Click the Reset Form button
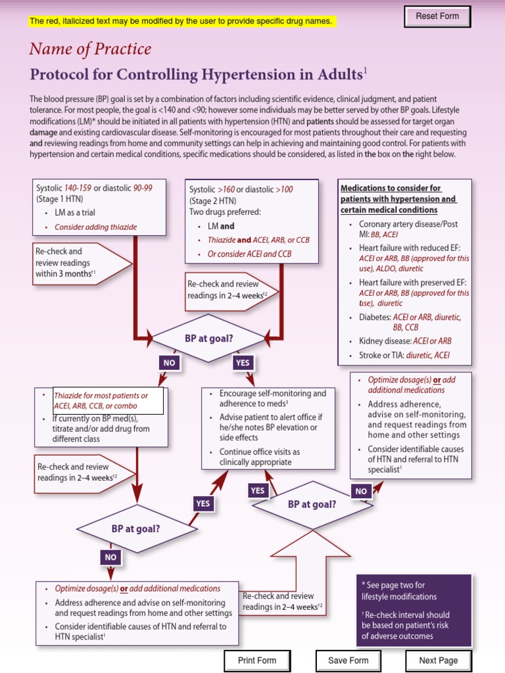(x=437, y=16)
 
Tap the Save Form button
(x=349, y=661)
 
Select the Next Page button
(x=439, y=661)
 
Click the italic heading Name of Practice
(x=90, y=49)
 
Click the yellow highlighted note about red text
(x=181, y=21)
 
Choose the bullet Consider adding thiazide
(x=95, y=227)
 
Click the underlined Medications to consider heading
(x=398, y=199)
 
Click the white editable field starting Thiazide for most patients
(x=108, y=401)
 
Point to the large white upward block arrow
(x=313, y=565)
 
